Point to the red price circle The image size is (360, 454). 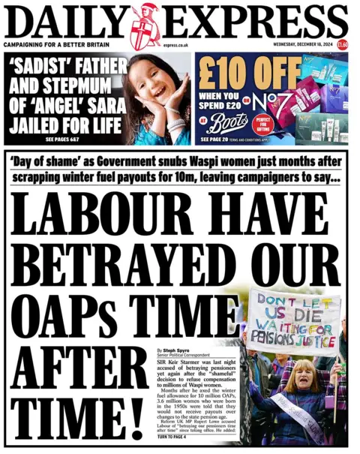tap(342, 45)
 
